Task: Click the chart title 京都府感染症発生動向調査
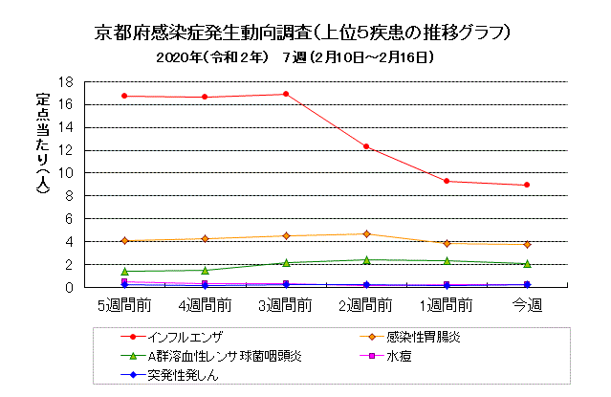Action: [x=203, y=33]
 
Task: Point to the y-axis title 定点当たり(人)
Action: [x=43, y=143]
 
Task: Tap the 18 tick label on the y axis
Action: [x=65, y=82]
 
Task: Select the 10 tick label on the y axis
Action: [x=65, y=173]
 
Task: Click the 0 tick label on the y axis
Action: [x=69, y=288]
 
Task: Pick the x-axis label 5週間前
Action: [x=124, y=305]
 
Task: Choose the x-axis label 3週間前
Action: [x=286, y=305]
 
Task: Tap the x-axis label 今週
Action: [x=527, y=305]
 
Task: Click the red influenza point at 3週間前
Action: [x=286, y=94]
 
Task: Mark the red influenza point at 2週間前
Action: [x=366, y=146]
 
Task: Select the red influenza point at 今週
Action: [x=527, y=185]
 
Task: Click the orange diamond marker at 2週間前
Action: [x=366, y=234]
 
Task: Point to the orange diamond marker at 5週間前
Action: [x=124, y=241]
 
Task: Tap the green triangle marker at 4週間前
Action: [x=205, y=270]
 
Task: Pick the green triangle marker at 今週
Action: [x=527, y=264]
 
